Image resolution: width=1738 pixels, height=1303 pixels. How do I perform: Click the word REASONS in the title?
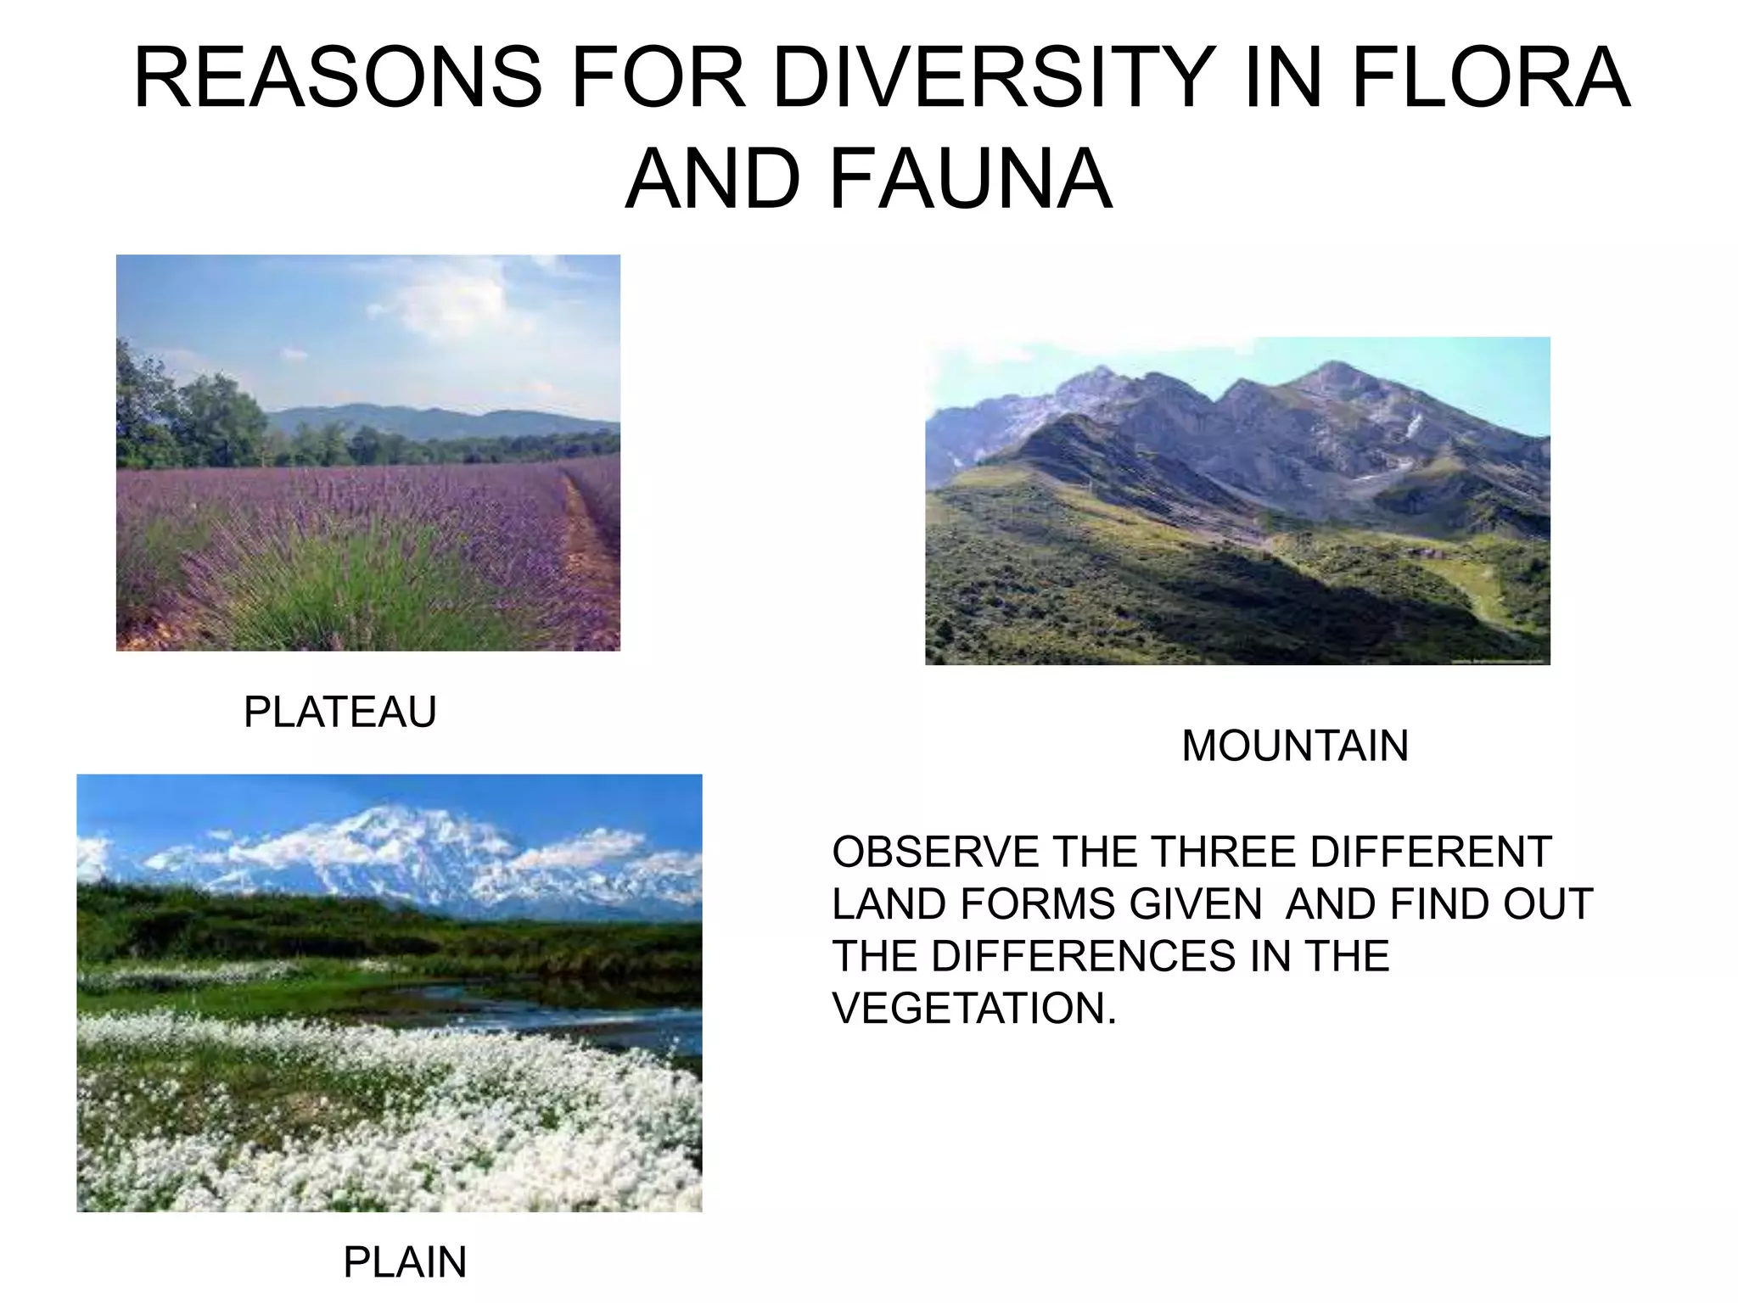(338, 78)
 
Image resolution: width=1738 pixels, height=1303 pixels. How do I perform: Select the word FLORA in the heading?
(1490, 78)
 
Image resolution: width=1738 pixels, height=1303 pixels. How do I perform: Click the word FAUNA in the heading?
(969, 180)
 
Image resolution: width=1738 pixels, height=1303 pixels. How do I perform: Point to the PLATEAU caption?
(339, 712)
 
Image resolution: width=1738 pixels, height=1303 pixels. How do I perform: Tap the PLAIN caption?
(405, 1262)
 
